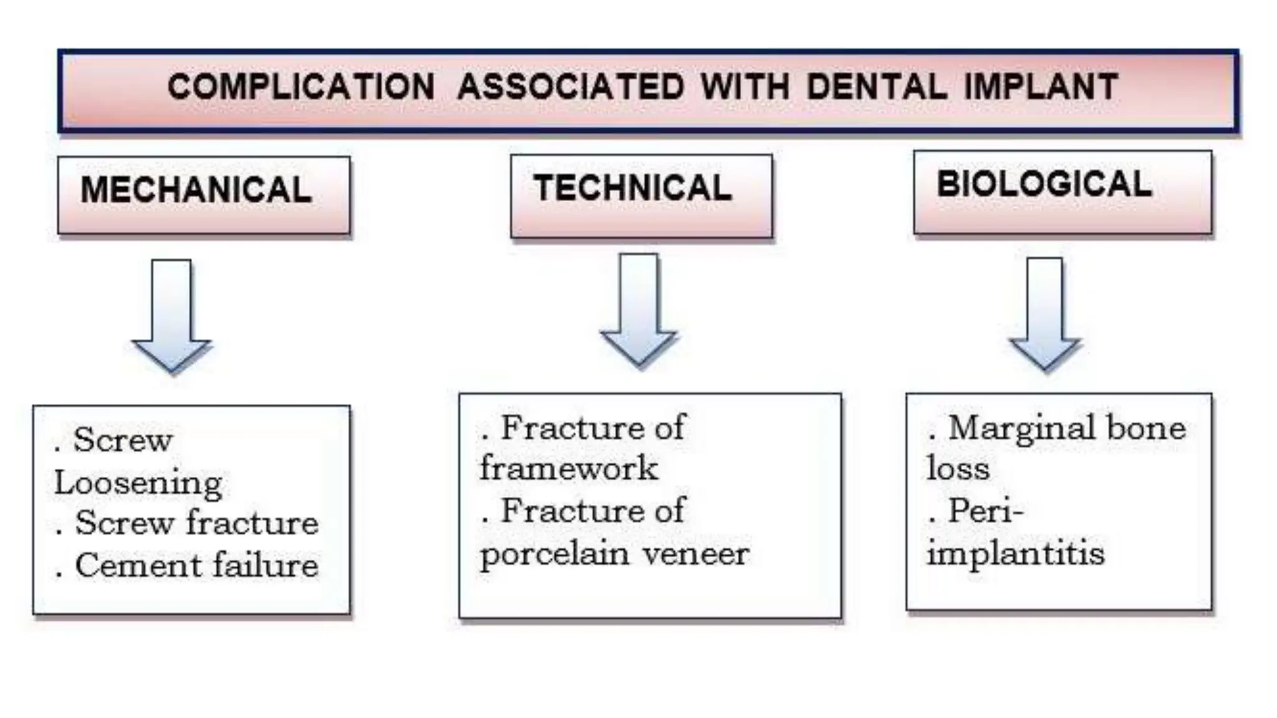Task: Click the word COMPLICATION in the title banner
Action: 301,87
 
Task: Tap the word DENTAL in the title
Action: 877,87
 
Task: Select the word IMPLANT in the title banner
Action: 1041,87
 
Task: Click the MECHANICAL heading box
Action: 204,195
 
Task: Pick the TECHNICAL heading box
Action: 641,196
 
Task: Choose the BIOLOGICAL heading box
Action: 1063,192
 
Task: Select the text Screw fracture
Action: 196,523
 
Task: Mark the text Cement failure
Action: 196,566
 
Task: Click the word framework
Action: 569,469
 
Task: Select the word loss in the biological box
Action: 958,469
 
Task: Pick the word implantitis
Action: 1015,553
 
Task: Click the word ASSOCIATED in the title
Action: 571,87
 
